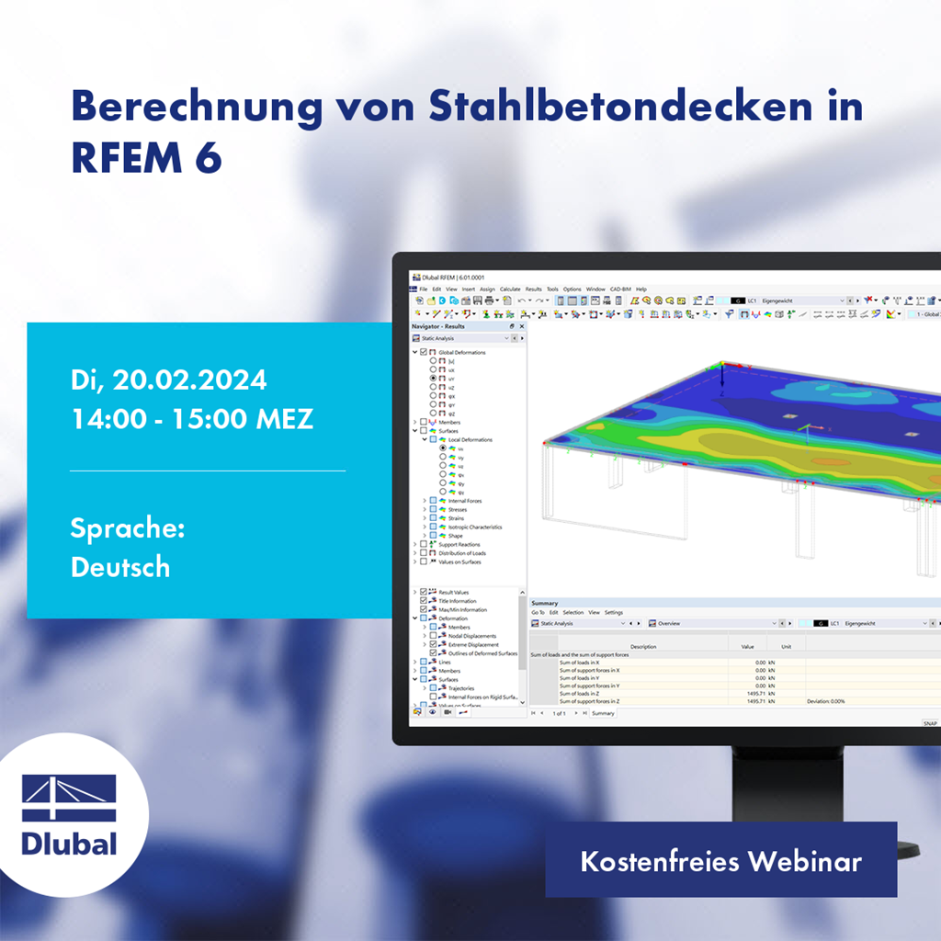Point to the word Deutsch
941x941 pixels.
[x=120, y=567]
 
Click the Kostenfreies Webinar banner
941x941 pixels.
[x=720, y=861]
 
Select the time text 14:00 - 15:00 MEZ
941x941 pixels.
[x=192, y=419]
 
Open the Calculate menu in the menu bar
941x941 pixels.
[x=510, y=289]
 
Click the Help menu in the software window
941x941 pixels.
[x=641, y=289]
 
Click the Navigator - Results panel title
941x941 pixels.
[x=438, y=326]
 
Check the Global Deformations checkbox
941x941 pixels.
[x=423, y=353]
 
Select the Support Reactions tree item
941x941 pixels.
[x=459, y=545]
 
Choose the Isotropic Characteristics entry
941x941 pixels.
[x=475, y=527]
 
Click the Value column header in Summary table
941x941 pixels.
[x=747, y=646]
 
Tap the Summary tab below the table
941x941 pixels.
[x=603, y=713]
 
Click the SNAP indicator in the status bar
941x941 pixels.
[x=930, y=723]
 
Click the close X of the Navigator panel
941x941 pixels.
[x=522, y=326]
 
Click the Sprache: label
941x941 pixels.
[x=128, y=528]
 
